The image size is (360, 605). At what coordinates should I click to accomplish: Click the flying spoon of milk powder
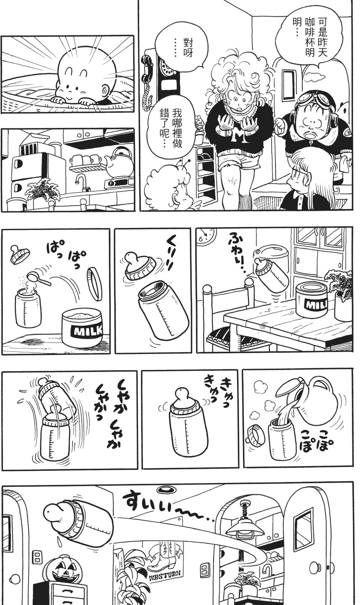coord(35,278)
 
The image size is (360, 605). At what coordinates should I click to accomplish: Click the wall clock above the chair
coord(207,236)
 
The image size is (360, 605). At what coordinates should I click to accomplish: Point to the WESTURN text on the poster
coord(165,576)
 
